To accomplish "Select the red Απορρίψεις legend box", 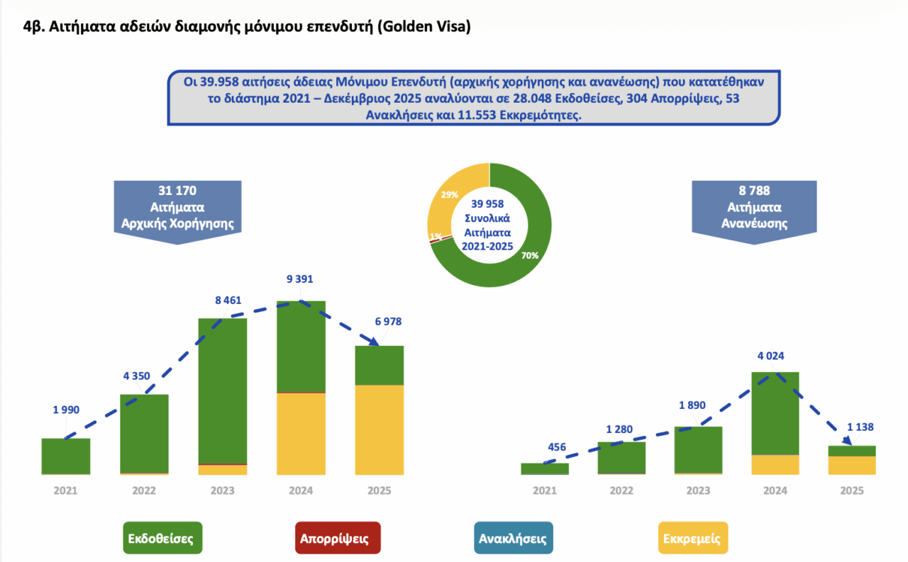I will click(338, 538).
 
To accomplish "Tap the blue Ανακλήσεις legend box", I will click(513, 538).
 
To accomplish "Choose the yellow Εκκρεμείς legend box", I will click(692, 538).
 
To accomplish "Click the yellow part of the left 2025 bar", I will click(380, 429).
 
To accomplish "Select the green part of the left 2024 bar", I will click(301, 346).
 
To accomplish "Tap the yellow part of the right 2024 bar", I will click(775, 464).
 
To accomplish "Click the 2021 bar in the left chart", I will click(66, 456).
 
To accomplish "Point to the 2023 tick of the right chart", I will click(698, 490).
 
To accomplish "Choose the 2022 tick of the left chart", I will click(144, 490).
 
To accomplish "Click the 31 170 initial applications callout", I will click(177, 208).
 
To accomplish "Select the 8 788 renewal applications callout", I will click(753, 208).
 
